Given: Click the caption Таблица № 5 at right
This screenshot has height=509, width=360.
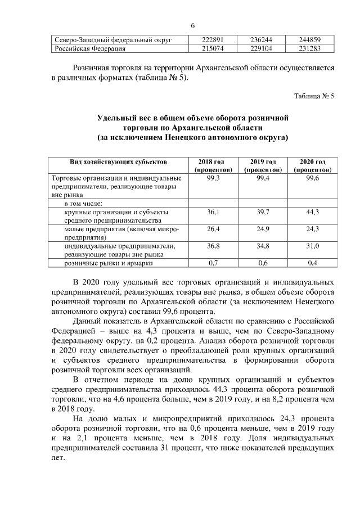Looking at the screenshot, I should click(314, 96).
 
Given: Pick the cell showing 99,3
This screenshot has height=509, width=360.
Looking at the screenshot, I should click(213, 178).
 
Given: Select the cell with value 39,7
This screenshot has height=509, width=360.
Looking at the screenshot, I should click(263, 212).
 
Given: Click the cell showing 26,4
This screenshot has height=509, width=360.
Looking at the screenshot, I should click(213, 229).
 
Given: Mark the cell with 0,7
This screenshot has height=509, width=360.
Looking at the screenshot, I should click(213, 263).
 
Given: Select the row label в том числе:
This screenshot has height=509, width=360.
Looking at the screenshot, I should click(85, 203).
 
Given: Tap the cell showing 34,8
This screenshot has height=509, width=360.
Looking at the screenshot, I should click(263, 246).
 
